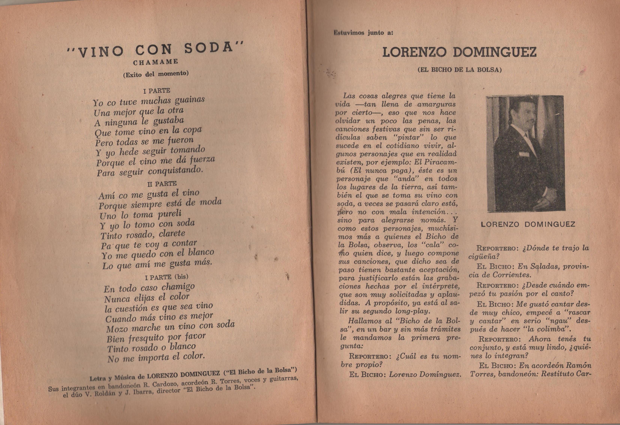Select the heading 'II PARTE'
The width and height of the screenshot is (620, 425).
click(x=162, y=184)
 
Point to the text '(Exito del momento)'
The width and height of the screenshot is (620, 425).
click(x=156, y=74)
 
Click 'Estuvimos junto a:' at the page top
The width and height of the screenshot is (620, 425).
click(x=363, y=33)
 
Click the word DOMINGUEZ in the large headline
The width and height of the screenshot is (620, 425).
click(x=495, y=53)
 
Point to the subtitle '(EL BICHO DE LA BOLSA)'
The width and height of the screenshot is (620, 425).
click(x=460, y=70)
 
